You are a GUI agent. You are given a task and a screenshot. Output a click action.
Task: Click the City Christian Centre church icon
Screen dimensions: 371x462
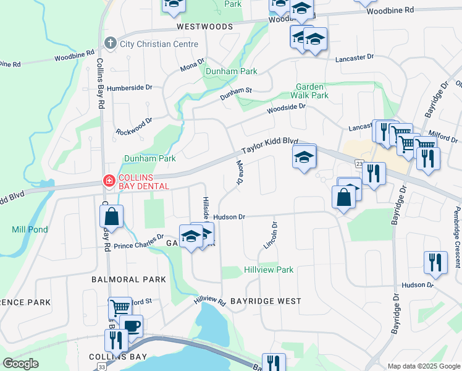coord(110,44)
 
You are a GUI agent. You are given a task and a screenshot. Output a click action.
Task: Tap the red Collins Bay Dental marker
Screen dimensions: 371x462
coord(109,181)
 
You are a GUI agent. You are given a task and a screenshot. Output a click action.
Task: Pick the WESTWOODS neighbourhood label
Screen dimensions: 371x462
coord(204,27)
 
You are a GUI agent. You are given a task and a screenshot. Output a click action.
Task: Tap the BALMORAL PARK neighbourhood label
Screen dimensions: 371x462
coord(128,279)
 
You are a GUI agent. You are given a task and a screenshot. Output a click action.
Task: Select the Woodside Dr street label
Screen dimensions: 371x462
coord(286,108)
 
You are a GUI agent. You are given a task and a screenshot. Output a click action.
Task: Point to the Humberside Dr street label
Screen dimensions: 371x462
coord(130,88)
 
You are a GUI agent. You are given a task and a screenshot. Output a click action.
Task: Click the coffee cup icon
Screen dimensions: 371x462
coord(131,325)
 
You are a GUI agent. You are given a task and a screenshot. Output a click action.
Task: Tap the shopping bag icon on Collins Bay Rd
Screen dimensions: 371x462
coord(111,217)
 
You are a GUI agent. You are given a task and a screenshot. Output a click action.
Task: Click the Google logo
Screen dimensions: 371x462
coord(20,364)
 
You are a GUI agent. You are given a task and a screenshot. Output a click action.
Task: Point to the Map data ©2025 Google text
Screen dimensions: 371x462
coord(422,366)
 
